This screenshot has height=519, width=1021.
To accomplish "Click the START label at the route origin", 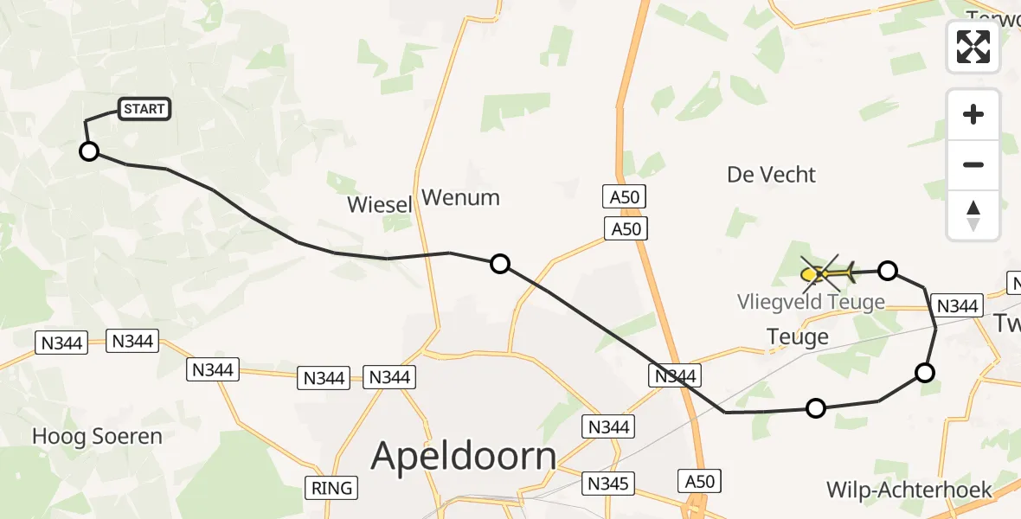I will pos(144,109).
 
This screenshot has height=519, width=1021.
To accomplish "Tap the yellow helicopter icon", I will pos(827,274).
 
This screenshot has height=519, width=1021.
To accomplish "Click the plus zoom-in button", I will pos(973,114).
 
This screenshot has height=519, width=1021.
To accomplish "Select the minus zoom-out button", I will pos(973,164).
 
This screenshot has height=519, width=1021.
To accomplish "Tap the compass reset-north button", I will pos(973,215).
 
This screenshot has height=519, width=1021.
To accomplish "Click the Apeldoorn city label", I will pos(464,456).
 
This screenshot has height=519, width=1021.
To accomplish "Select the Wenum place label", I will pos(460,198).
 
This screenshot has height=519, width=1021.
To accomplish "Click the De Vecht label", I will pos(771,175).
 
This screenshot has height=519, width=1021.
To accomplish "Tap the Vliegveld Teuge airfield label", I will pos(811,302).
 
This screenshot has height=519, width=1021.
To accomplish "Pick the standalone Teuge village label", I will pos(798,336).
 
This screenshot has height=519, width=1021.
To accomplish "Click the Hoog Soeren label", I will pos(97,437).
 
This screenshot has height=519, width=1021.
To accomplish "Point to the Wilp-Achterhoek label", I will pos(909,490).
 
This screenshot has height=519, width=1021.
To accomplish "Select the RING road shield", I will pos(332,488).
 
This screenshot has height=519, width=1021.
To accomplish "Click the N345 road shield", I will pos(608,483).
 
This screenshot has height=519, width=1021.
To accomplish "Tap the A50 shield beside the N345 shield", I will pos(699,481).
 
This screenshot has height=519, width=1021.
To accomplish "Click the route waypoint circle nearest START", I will pos(89,152).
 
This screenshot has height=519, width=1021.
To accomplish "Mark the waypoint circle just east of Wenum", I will pos(500,264).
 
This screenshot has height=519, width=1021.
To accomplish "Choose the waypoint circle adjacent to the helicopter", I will pos(888,271).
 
